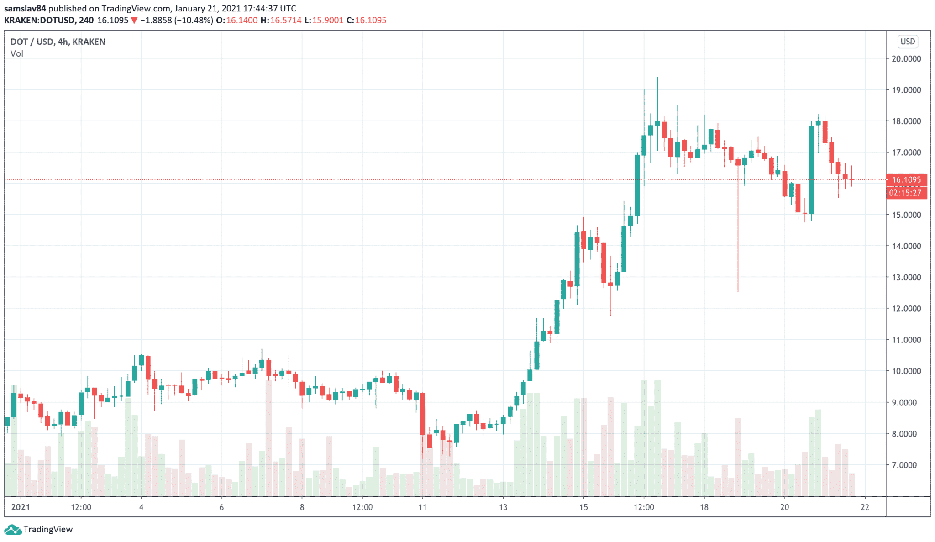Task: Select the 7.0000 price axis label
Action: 907,465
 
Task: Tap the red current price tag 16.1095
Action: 906,179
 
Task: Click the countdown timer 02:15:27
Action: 906,193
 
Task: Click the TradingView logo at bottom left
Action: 38,529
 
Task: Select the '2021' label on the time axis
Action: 21,507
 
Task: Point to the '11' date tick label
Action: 423,507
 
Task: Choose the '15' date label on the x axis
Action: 583,507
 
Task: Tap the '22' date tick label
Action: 865,507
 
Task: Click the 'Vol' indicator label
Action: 17,53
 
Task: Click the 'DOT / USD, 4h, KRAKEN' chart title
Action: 58,42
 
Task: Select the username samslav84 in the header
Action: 25,8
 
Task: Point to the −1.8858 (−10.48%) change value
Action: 176,20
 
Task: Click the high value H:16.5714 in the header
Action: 281,20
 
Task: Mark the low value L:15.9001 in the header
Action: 324,20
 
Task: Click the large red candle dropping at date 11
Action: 423,413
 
